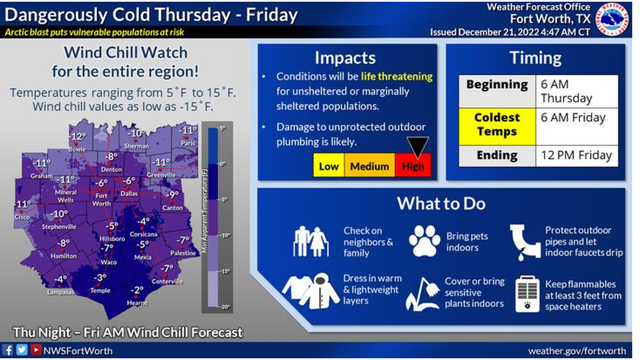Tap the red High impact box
pos(413,166)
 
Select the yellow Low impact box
pos(329,166)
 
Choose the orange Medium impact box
pos(369,166)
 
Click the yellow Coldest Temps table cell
pos(497,125)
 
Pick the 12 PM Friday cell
pos(576,155)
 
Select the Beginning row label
pos(497,85)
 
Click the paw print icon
pos(424,240)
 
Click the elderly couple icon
pos(310,241)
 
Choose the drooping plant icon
pos(422,294)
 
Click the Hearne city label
pos(138,302)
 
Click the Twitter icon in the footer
pos(21,350)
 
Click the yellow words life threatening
pos(396,76)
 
